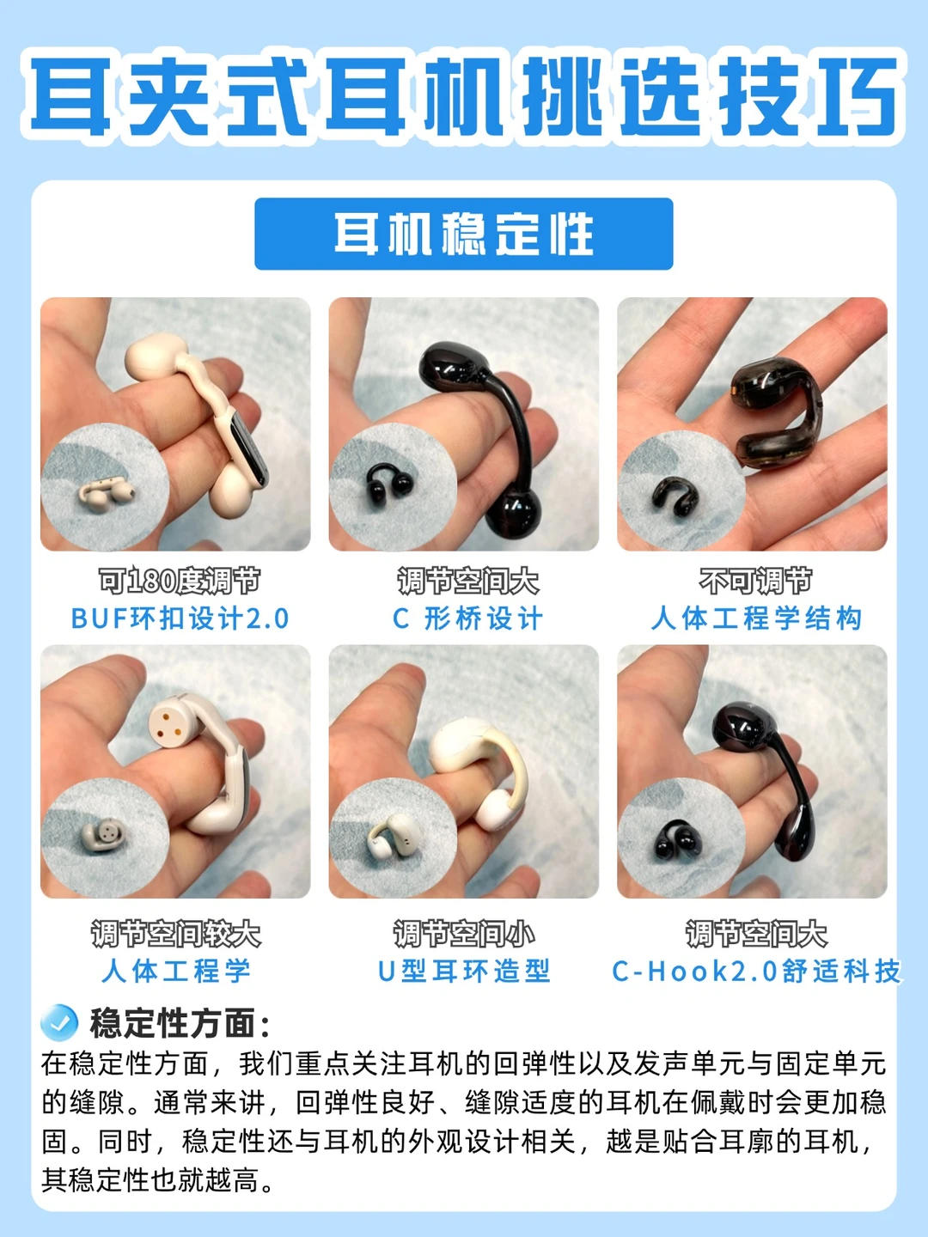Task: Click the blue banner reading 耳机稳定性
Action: pos(464,234)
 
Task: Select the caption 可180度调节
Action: pos(180,581)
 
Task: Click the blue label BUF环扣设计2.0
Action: pos(180,618)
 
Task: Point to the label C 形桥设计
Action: pos(467,618)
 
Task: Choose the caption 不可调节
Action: pos(755,581)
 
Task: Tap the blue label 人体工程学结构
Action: pos(756,618)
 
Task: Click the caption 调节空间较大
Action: pos(176,934)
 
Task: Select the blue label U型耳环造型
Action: pos(464,972)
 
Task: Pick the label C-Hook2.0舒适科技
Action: pos(756,972)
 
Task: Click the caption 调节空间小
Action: pos(464,934)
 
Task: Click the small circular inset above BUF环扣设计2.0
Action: pos(105,487)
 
